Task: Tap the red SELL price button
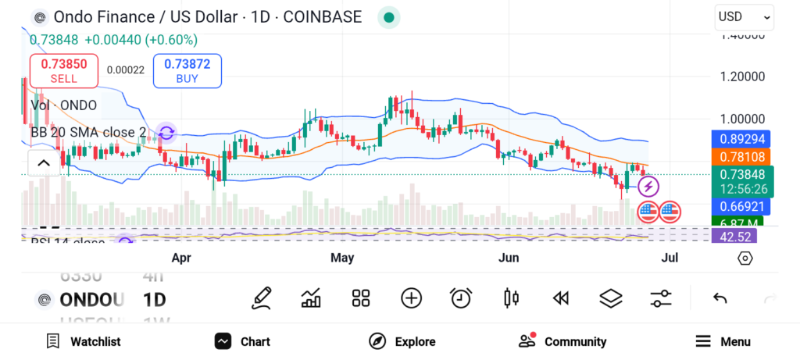coord(63,71)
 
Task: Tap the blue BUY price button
coord(187,71)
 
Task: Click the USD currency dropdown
coord(744,16)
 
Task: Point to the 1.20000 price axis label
coord(742,77)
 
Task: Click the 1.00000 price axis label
coord(742,119)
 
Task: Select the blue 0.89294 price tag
coord(741,139)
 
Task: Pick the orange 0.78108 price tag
coord(741,157)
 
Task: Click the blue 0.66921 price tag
coord(741,207)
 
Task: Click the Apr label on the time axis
coord(181,258)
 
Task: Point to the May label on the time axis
coord(342,258)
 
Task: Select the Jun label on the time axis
coord(509,258)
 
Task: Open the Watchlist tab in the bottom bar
coord(84,341)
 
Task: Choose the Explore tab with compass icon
coord(402,341)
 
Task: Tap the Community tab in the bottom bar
coord(562,341)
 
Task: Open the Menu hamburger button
coord(723,341)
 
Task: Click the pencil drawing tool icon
coord(262,298)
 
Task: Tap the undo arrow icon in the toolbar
coord(720,298)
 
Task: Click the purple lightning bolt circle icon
coord(649,187)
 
